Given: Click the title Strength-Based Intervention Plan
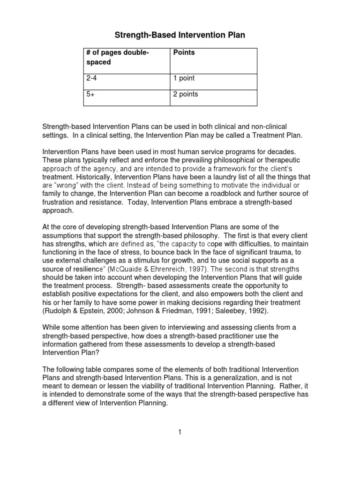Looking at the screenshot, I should pos(180,35).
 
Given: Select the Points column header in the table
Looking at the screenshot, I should pos(184,52).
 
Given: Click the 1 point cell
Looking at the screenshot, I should pos(184,78).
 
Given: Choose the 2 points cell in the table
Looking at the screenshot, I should pos(186,94).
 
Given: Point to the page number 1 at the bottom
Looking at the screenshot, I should pos(179,432).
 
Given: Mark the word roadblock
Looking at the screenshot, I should pos(230,194).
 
